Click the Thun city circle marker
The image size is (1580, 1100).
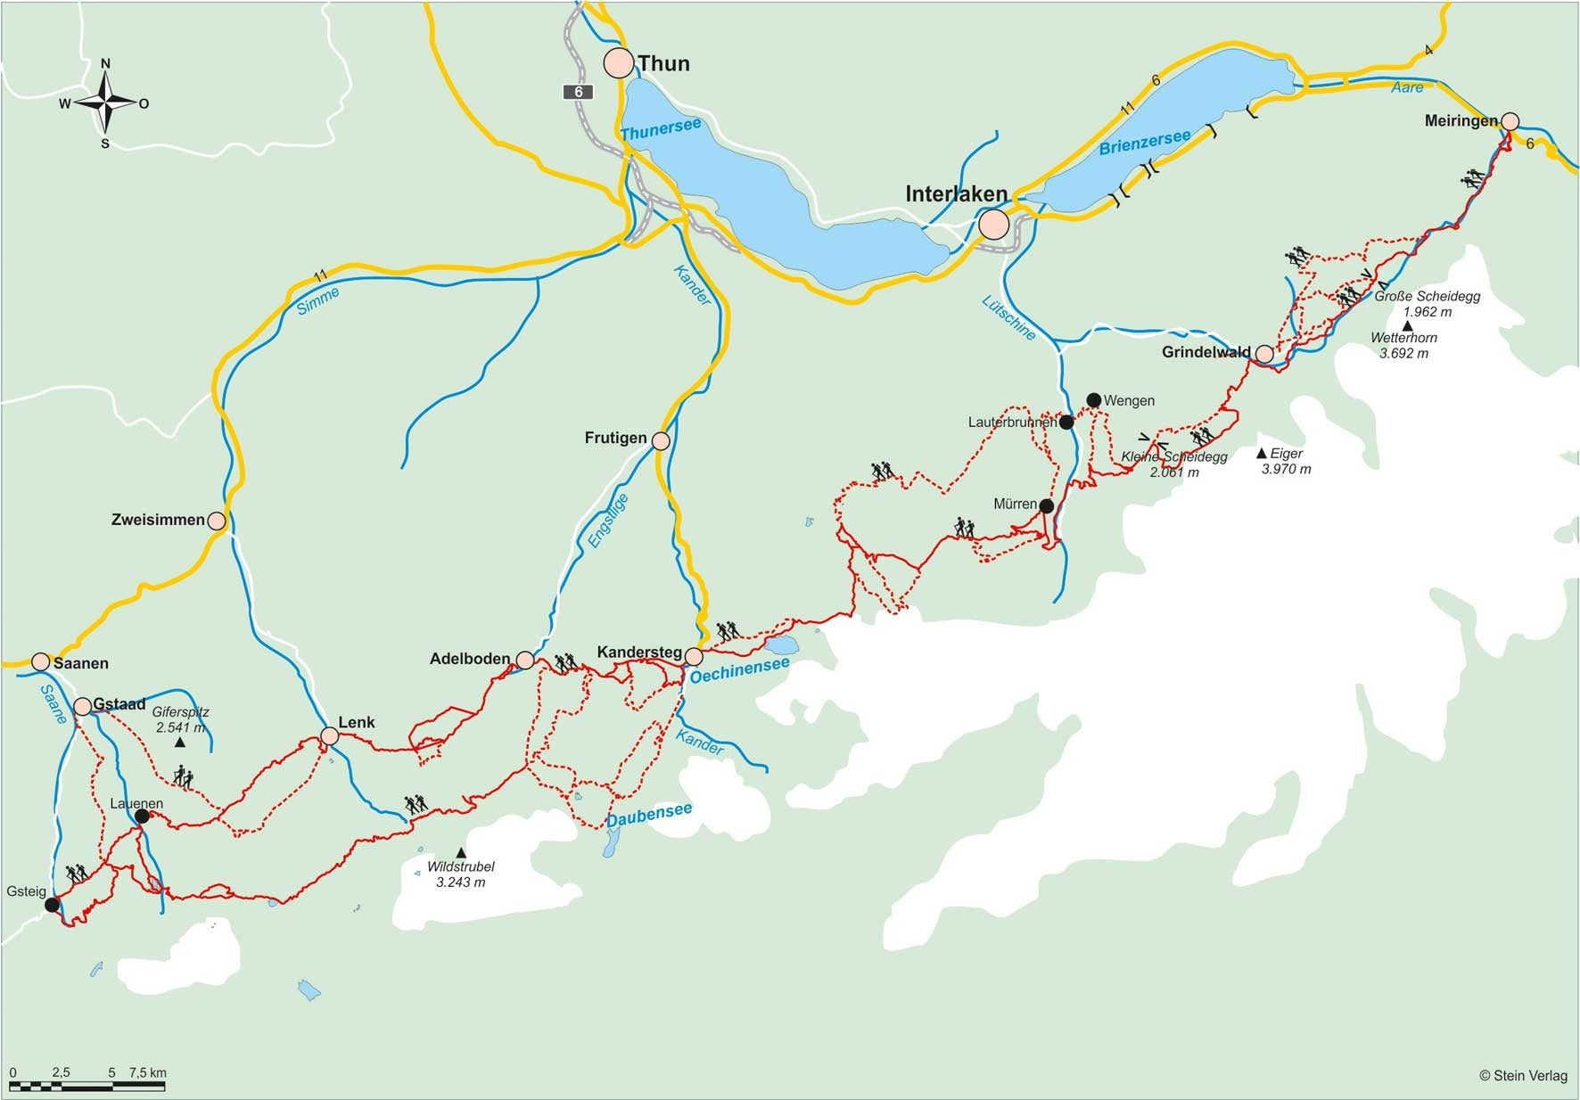[x=618, y=63]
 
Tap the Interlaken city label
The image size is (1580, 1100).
[x=956, y=193]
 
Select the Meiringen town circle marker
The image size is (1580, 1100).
[x=1510, y=121]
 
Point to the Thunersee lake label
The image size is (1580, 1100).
[x=661, y=130]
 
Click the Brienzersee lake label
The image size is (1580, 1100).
[x=1144, y=143]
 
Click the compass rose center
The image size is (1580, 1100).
[x=105, y=103]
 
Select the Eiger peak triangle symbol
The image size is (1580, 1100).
[x=1261, y=454]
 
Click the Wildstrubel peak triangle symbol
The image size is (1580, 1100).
[x=460, y=853]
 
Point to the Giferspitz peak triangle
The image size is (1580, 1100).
[x=179, y=743]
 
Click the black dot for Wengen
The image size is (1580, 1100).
[x=1093, y=400]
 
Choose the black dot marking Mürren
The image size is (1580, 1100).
[x=1047, y=506]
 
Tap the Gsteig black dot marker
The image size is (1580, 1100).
[x=52, y=905]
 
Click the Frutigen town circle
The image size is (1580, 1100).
[x=661, y=440]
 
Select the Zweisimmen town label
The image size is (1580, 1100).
[x=158, y=520]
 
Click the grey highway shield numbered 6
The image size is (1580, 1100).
[x=578, y=92]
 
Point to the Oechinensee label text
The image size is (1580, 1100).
[x=739, y=669]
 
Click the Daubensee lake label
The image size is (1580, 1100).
[x=648, y=814]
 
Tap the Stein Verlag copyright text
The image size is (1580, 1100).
[x=1523, y=1076]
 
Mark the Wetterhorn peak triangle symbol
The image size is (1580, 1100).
[x=1407, y=325]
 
